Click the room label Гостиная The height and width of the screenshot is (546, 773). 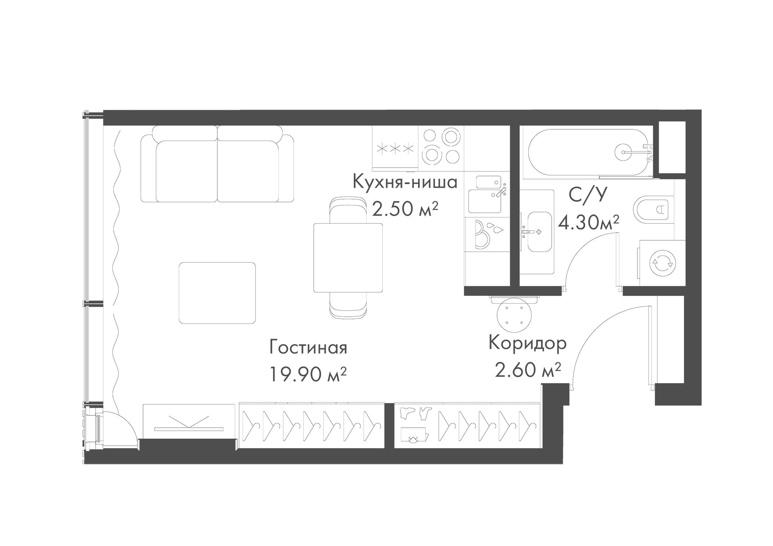tap(308, 348)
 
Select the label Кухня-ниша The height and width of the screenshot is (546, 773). tap(405, 182)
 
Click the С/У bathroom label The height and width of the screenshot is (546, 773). tap(587, 195)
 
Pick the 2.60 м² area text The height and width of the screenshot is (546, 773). tap(527, 370)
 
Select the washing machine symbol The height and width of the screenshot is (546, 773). tap(662, 263)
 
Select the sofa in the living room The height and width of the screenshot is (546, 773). tap(217, 164)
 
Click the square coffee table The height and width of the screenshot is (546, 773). tap(217, 293)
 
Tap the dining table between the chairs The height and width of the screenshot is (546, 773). tap(348, 258)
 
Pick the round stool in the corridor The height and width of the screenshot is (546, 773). tap(514, 315)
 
